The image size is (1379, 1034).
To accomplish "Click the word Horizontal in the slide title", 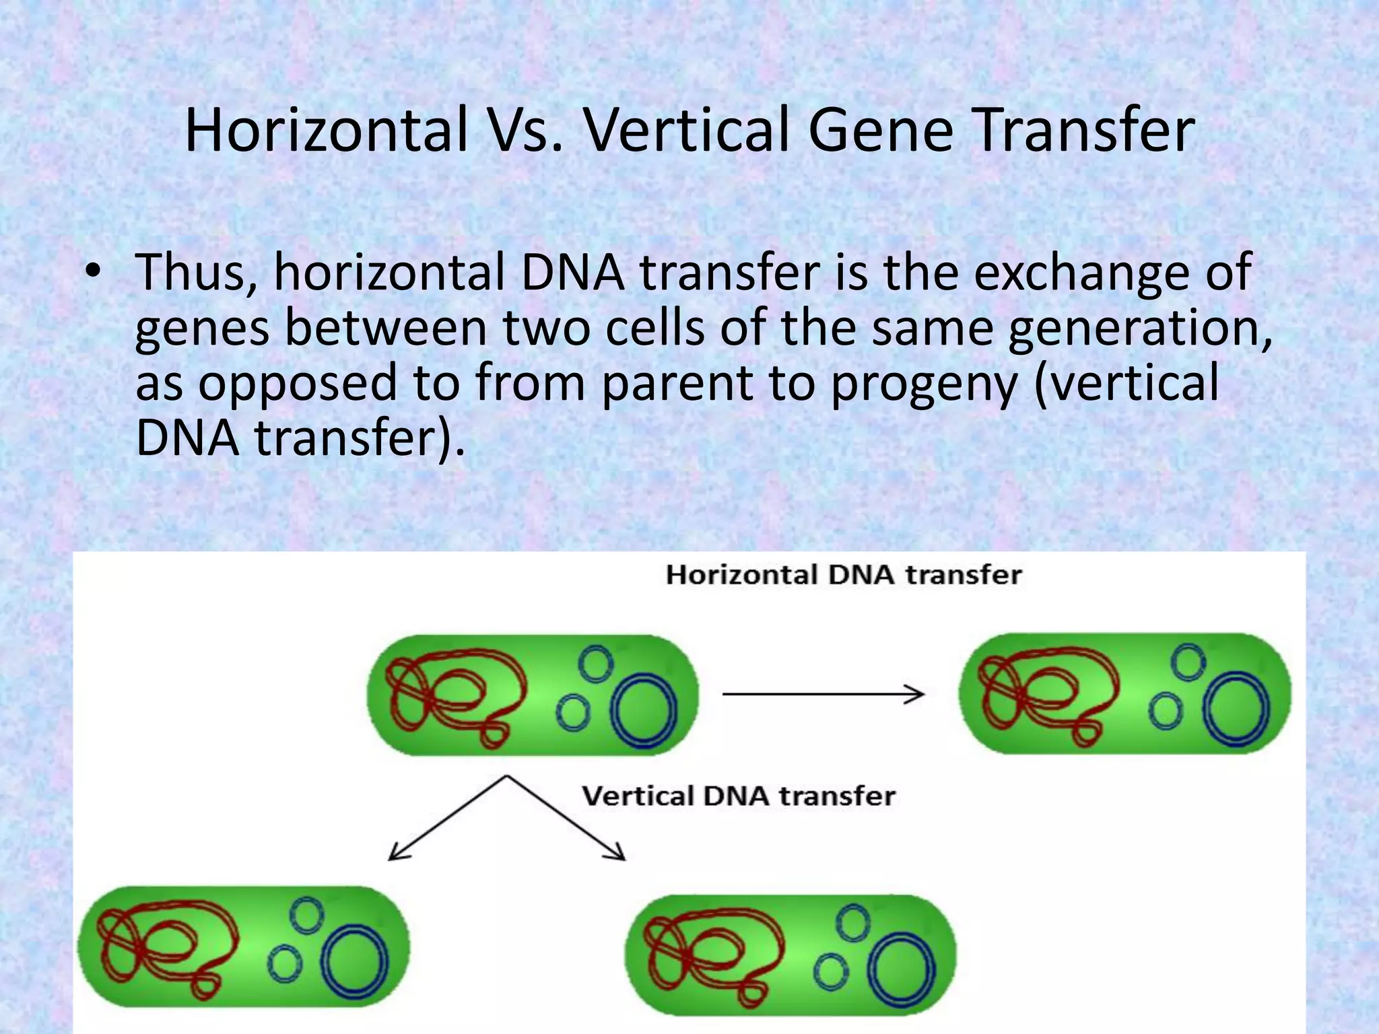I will click(326, 131).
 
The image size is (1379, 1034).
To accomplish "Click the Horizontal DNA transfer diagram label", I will click(843, 575).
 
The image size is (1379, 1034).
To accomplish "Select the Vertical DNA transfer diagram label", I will click(739, 796).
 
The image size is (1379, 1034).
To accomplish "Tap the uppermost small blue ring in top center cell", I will click(595, 662).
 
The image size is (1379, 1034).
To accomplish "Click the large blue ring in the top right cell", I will click(1237, 710).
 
